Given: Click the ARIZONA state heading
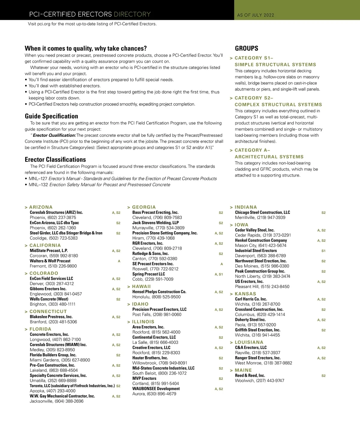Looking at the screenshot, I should tap(41, 207).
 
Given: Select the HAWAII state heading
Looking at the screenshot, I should tap(141, 286).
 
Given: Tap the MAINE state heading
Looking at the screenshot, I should tap(243, 370).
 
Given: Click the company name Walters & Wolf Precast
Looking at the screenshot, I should tap(50, 261).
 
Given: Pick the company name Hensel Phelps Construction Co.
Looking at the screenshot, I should tap(159, 292).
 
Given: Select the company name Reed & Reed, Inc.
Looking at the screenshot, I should tap(250, 376).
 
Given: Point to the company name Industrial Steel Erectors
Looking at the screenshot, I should tap(256, 250).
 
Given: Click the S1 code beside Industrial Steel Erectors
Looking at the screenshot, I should tap(323, 251).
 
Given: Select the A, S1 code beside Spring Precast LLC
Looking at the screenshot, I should tap(219, 274).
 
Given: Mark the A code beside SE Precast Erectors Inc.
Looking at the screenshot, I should tap(222, 264).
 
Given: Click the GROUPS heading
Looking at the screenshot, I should tap(247, 48).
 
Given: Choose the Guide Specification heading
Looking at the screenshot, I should tap(51, 116).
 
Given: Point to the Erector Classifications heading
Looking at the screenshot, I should tap(55, 159).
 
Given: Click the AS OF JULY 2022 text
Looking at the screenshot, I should tap(256, 15).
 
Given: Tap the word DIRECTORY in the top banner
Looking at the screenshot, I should tap(132, 14).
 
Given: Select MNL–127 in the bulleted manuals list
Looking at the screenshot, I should tap(38, 178).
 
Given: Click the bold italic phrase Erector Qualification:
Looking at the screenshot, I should tap(54, 135).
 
